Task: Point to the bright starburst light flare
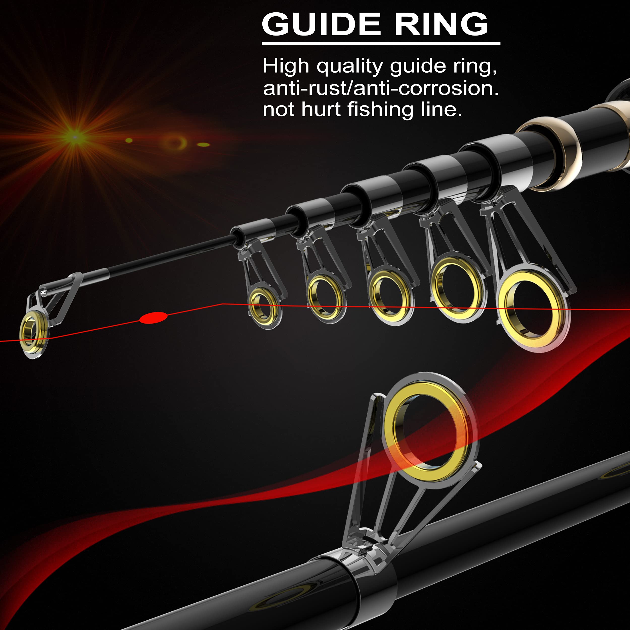(75, 137)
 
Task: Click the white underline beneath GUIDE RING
(381, 43)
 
